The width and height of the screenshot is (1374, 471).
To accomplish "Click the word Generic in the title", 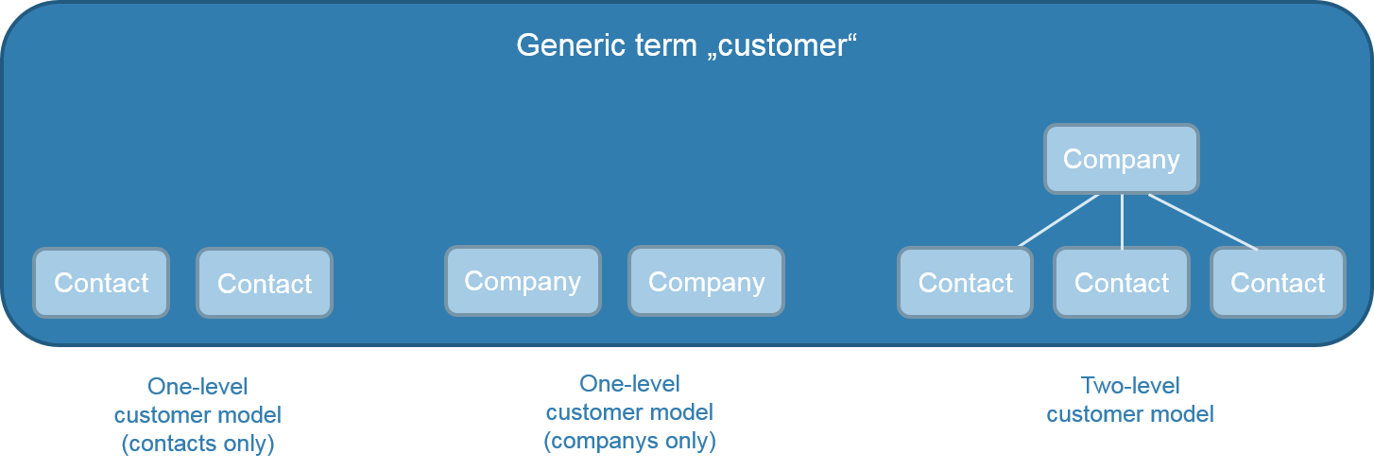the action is (x=563, y=45).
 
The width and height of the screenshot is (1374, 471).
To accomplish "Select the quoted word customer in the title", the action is (x=781, y=45).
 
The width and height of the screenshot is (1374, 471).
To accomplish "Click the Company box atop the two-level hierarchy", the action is (x=1122, y=159).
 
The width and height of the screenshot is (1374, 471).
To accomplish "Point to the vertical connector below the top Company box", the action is (x=1122, y=221).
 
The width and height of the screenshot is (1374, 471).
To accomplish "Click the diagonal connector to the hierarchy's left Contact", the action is (x=1058, y=220).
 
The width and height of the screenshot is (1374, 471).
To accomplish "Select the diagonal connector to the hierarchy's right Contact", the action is (x=1203, y=221).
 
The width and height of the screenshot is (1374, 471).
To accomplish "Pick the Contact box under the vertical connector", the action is (x=1122, y=283).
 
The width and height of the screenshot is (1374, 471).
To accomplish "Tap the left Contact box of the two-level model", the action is (x=966, y=283).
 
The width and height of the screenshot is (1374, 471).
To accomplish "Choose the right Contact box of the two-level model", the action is (x=1278, y=283).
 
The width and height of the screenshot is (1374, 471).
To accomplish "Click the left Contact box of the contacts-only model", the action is (x=101, y=283).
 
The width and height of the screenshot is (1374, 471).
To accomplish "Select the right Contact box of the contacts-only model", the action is (x=265, y=283).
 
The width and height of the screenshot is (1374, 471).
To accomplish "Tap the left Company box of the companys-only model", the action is (x=523, y=281).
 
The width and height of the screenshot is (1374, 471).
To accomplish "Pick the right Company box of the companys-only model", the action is (x=706, y=282).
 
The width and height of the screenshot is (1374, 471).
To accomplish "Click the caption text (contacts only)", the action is (x=198, y=444).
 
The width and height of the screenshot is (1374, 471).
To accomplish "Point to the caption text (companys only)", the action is (x=630, y=441).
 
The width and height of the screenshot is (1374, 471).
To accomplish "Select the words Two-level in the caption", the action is (x=1130, y=386).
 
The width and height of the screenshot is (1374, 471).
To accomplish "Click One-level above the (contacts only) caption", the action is (x=198, y=386).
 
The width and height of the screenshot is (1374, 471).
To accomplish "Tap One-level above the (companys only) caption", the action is (x=630, y=384).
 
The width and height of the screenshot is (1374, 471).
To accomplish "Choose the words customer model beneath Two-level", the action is (x=1130, y=414).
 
